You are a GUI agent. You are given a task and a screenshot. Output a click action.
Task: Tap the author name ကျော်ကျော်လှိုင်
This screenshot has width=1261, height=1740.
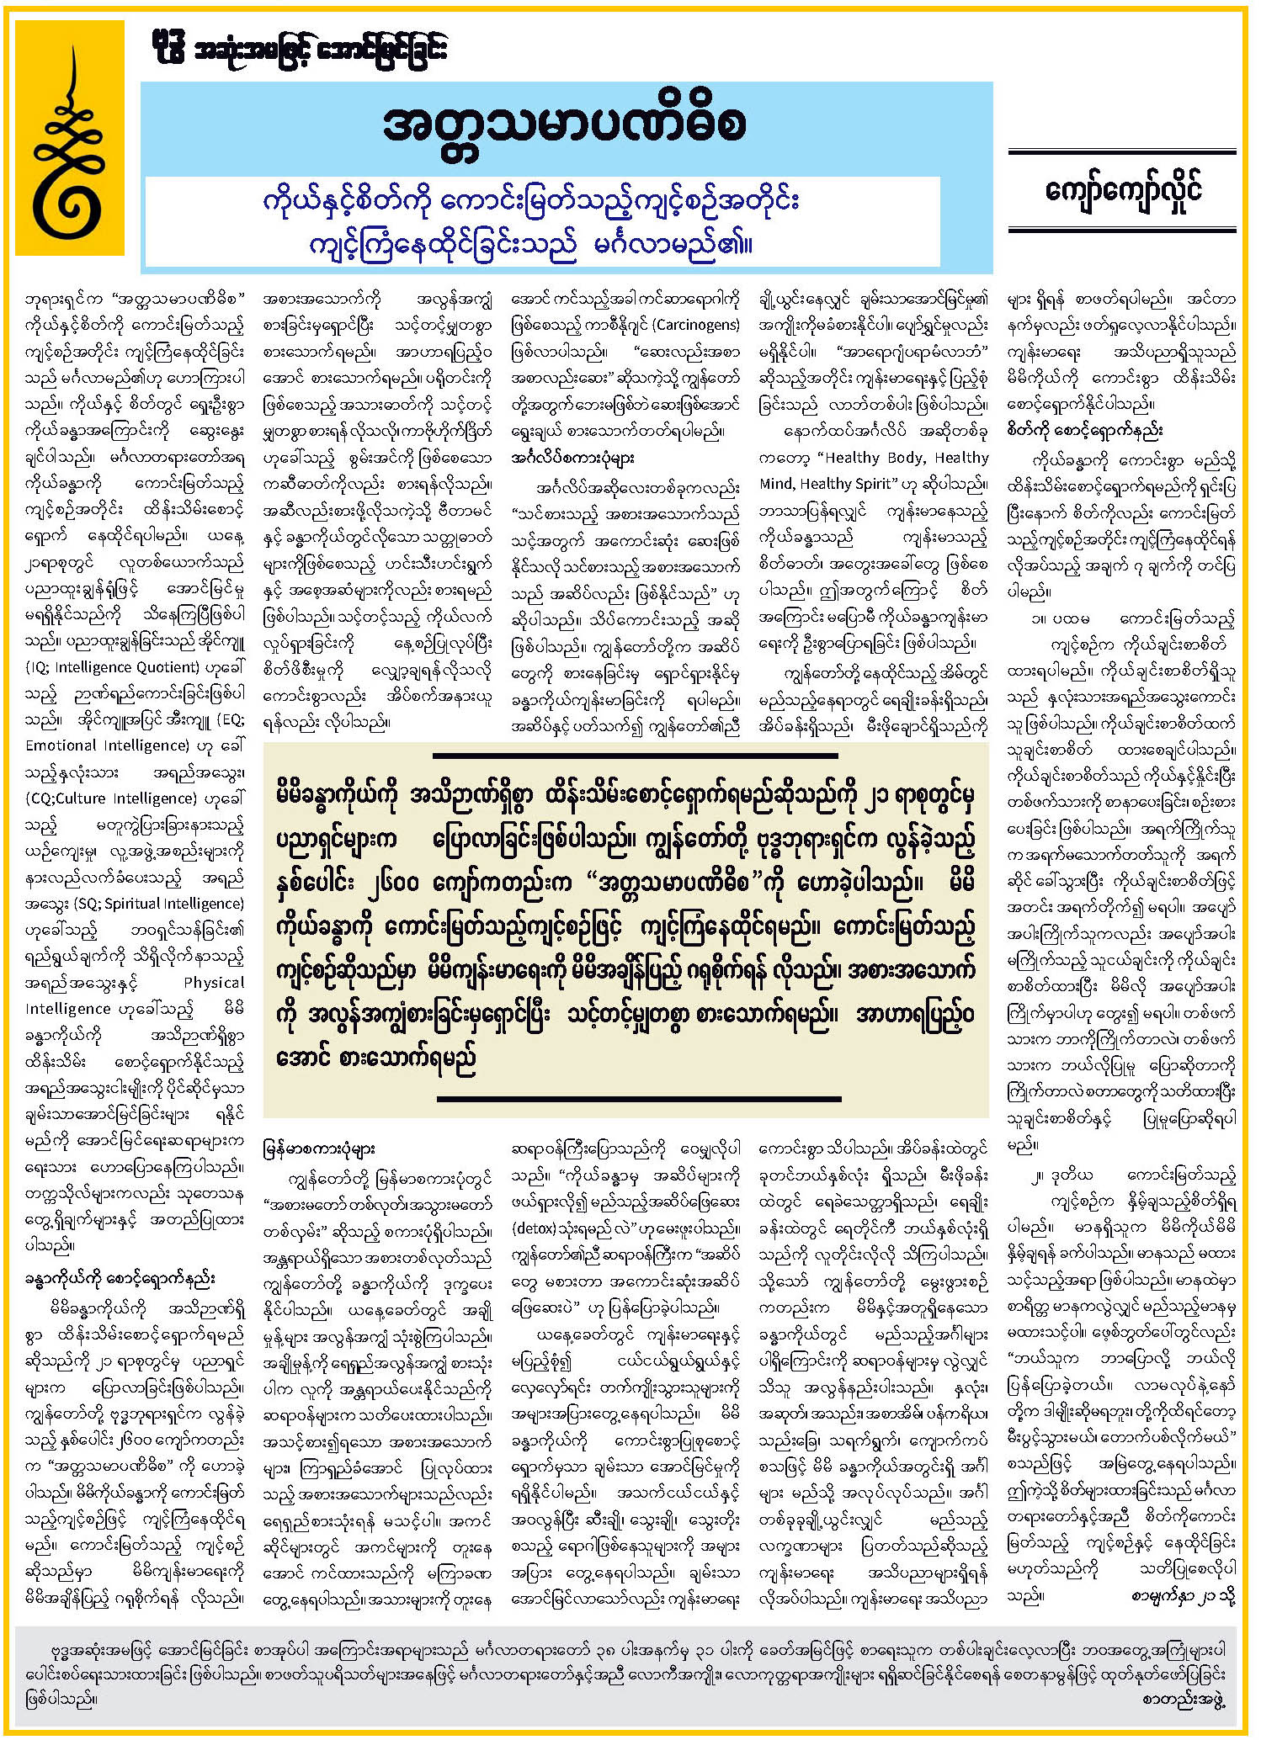[1122, 190]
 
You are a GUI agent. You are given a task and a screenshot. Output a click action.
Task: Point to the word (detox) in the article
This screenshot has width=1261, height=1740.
[534, 1228]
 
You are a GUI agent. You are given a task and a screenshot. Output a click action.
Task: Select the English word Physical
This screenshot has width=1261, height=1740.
[214, 983]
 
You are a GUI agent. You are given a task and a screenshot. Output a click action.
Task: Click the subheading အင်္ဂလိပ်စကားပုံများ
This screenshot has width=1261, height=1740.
[572, 459]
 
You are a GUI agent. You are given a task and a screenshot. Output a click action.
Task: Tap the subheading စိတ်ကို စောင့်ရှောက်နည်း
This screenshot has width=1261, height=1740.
[1084, 431]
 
